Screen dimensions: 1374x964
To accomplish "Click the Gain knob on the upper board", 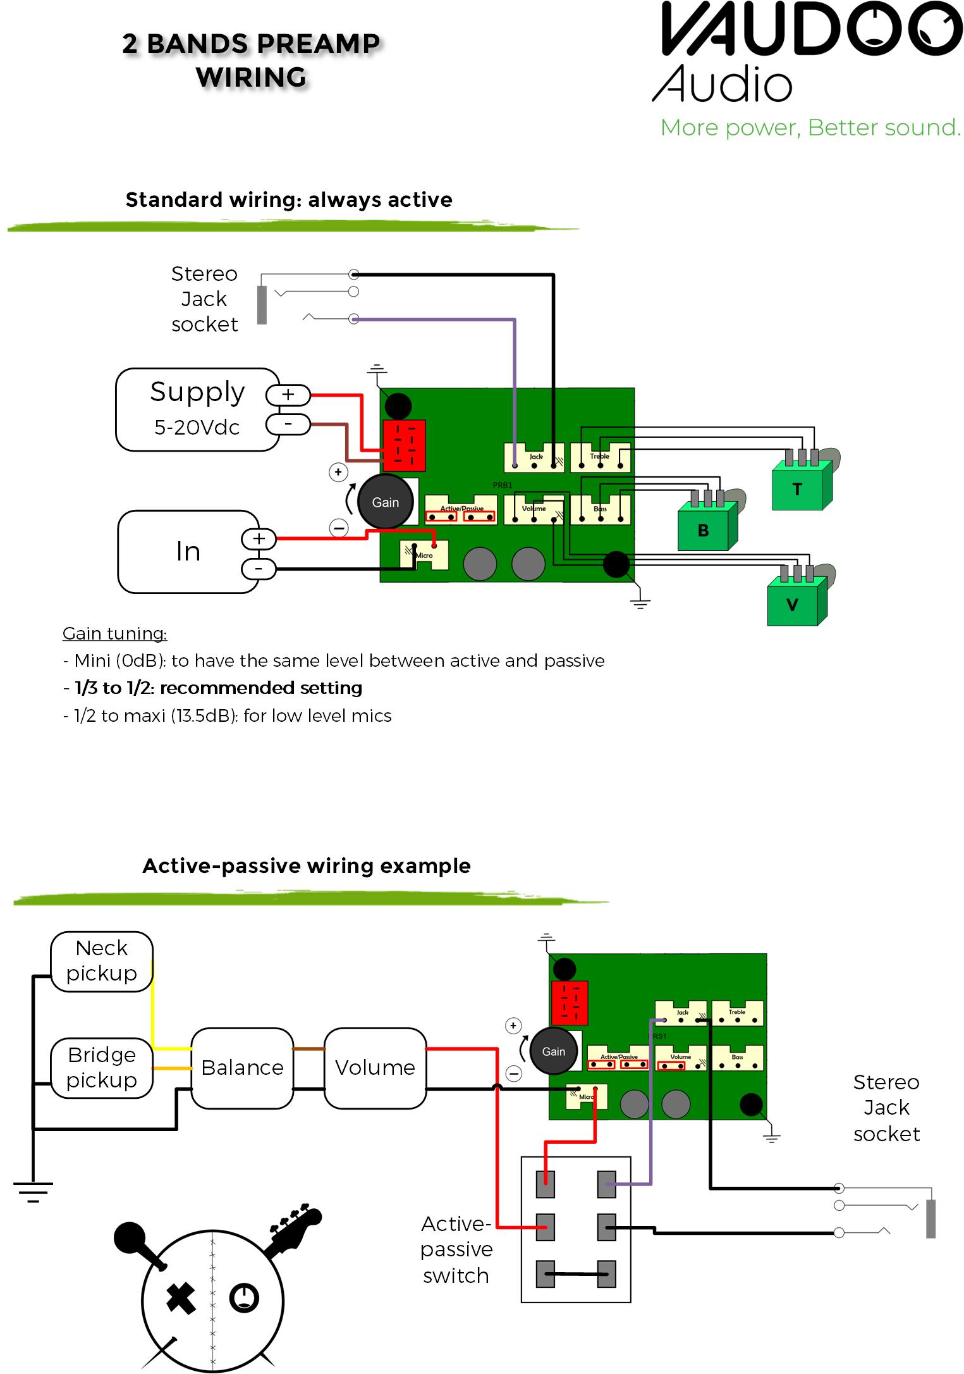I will point(385,502).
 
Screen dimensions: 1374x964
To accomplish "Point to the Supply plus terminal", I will point(288,395).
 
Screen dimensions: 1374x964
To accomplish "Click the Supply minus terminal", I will point(288,424).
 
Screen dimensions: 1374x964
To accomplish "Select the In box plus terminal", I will point(259,539).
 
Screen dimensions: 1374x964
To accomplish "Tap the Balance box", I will point(242,1068).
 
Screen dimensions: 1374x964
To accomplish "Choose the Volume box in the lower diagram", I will point(375,1068).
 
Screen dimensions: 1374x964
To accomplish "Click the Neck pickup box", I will point(101,961).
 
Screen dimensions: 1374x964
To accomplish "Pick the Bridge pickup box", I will point(101,1068).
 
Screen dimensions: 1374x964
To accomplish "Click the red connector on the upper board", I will point(404,445).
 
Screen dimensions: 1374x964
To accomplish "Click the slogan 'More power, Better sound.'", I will point(810,128).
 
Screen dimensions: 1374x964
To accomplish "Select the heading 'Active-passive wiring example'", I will point(307,865).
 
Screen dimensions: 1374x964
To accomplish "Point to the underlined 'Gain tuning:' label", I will point(114,633).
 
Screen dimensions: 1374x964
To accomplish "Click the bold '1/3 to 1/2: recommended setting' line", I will point(218,688).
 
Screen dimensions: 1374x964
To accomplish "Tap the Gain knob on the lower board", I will point(553,1051).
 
